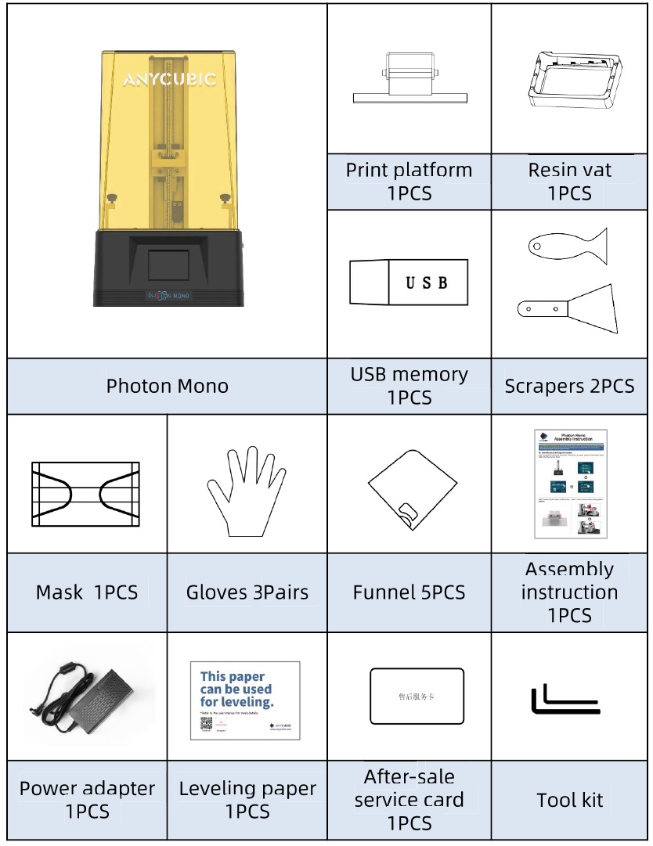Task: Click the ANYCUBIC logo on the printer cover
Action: coord(170,79)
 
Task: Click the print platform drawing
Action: coord(409,82)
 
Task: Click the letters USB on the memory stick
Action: coord(427,283)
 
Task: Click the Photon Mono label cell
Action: coord(168,386)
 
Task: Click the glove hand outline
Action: coord(246,490)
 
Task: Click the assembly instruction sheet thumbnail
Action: coord(570,484)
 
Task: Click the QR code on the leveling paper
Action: coord(207,725)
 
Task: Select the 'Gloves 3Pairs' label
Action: coord(247,592)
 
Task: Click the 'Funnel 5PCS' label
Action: coord(409,592)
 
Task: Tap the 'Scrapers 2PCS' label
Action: coord(569,386)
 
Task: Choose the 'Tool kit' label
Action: coord(570,800)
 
